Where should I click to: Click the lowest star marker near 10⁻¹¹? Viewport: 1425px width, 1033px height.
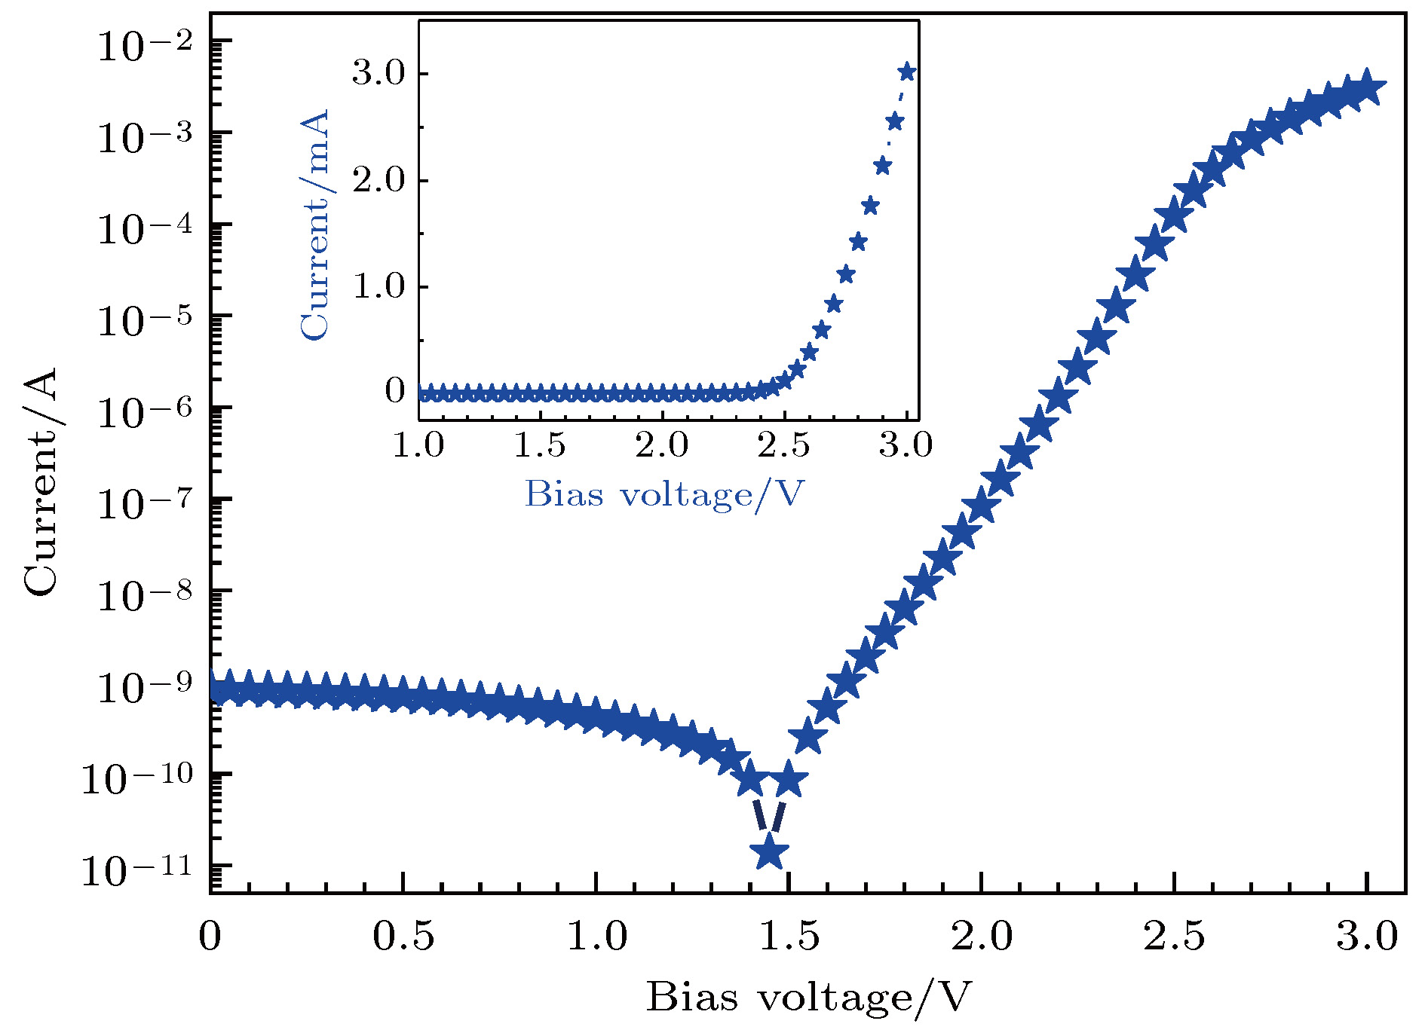pos(769,852)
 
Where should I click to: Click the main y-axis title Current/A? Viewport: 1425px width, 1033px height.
pos(41,482)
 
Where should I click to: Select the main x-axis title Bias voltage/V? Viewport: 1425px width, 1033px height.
pos(807,997)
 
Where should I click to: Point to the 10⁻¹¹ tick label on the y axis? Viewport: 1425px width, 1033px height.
pos(136,870)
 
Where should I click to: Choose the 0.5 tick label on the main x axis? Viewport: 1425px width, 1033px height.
pos(403,937)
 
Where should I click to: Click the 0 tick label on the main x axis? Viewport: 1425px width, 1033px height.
pos(210,937)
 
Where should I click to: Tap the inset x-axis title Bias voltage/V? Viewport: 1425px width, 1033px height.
pos(664,494)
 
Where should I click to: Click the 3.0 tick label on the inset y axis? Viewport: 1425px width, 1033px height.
pos(378,74)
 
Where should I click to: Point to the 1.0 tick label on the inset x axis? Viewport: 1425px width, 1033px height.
pos(418,445)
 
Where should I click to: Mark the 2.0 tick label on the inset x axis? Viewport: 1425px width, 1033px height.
pos(662,445)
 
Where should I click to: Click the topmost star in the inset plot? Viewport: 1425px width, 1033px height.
pos(907,72)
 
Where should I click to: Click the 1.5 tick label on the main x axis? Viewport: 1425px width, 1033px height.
pos(789,937)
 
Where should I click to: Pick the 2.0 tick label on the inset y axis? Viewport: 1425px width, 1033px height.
pos(378,181)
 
